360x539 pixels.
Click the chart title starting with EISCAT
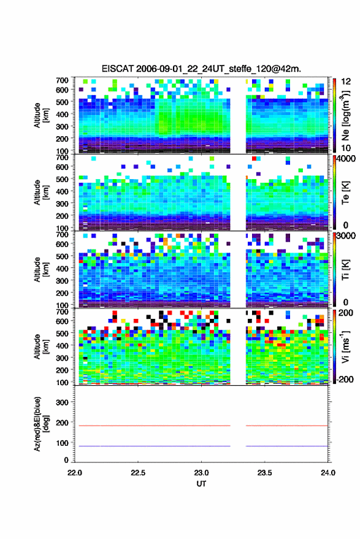(201, 69)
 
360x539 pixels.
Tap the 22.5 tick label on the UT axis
(138, 473)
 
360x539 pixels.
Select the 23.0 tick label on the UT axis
(201, 473)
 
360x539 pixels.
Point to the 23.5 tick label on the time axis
(264, 473)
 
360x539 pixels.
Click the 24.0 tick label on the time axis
(327, 473)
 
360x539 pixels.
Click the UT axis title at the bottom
(201, 484)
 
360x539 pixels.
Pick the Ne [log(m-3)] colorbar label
(345, 115)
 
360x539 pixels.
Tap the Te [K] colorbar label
(345, 193)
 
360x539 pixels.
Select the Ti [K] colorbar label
(345, 270)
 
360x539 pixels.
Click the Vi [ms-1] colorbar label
(345, 346)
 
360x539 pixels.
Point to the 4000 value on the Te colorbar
(346, 159)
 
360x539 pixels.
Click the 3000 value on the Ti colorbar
(346, 236)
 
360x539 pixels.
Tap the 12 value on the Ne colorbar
(346, 82)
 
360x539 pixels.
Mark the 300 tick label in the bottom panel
(62, 402)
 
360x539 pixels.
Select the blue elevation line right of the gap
(287, 446)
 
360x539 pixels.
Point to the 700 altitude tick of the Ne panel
(62, 80)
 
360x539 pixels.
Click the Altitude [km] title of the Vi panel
(41, 346)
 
